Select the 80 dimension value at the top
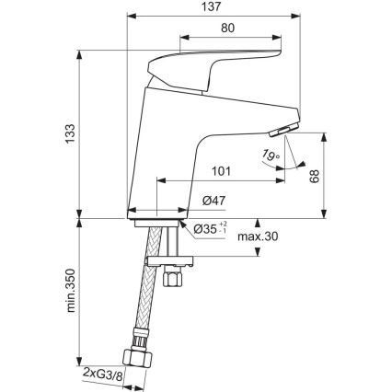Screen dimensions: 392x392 (x=226, y=29)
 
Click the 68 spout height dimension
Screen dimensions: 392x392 (x=341, y=175)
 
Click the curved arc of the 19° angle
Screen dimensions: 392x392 (x=293, y=167)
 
